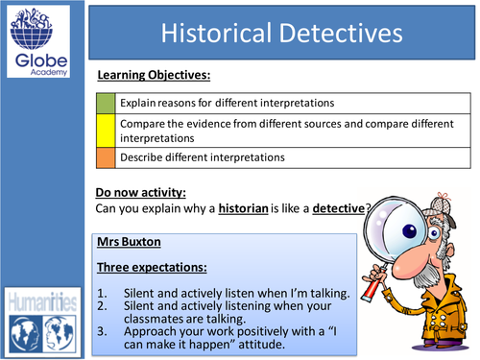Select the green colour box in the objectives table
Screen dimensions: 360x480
[x=107, y=102]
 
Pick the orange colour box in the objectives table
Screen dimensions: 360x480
[x=107, y=157]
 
